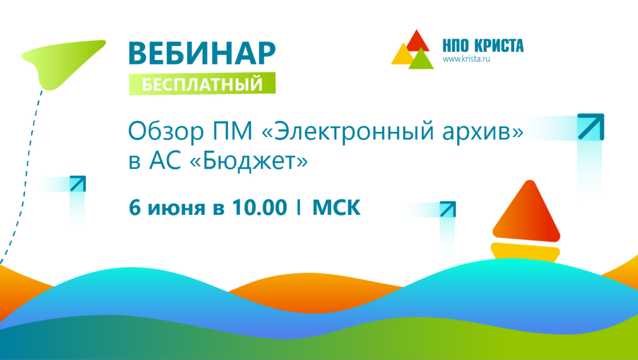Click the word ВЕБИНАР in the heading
click(202, 53)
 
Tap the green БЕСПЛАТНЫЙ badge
click(202, 84)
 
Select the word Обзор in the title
click(165, 132)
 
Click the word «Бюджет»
click(249, 161)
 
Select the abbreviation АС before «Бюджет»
click(166, 161)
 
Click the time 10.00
click(259, 208)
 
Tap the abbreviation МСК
click(336, 208)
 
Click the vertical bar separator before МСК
click(299, 208)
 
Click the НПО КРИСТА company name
click(483, 46)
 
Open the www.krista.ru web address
click(466, 59)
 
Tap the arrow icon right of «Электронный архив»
click(591, 127)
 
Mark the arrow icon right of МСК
click(448, 209)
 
